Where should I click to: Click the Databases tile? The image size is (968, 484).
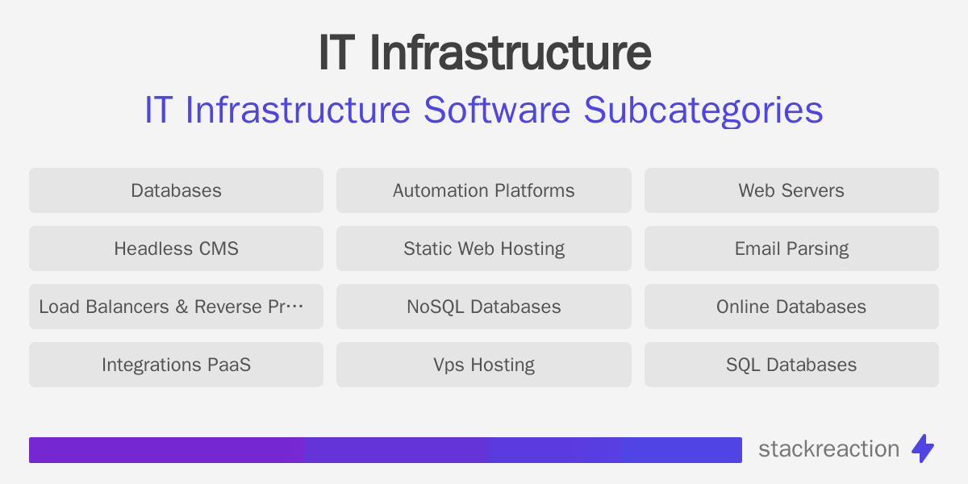pyautogui.click(x=176, y=190)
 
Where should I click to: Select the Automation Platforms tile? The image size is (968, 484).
pyautogui.click(x=484, y=190)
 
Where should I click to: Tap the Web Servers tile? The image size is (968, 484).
pyautogui.click(x=791, y=190)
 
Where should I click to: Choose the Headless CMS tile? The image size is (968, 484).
pyautogui.click(x=176, y=248)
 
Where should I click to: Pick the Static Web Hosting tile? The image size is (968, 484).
pyautogui.click(x=484, y=248)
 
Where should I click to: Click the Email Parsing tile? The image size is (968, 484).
pyautogui.click(x=791, y=248)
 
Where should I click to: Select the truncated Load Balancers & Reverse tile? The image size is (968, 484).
pyautogui.click(x=176, y=307)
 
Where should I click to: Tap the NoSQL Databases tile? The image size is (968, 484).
pyautogui.click(x=484, y=307)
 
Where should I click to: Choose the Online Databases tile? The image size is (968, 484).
pyautogui.click(x=791, y=307)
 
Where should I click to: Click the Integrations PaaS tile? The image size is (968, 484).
pyautogui.click(x=176, y=365)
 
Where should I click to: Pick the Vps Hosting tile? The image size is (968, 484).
pyautogui.click(x=484, y=365)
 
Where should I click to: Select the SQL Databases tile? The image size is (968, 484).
pyautogui.click(x=791, y=365)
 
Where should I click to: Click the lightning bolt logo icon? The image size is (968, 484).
pyautogui.click(x=923, y=449)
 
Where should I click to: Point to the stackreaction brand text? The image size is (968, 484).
pyautogui.click(x=828, y=449)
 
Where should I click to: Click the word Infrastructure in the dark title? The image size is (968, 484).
pyautogui.click(x=510, y=53)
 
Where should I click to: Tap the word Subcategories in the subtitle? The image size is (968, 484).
pyautogui.click(x=703, y=111)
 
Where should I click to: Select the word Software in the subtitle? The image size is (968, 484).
pyautogui.click(x=498, y=111)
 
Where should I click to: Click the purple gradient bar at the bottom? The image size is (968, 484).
pyautogui.click(x=385, y=450)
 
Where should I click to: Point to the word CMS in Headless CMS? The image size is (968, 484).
pyautogui.click(x=219, y=248)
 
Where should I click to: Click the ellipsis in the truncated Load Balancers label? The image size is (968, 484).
pyautogui.click(x=296, y=307)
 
